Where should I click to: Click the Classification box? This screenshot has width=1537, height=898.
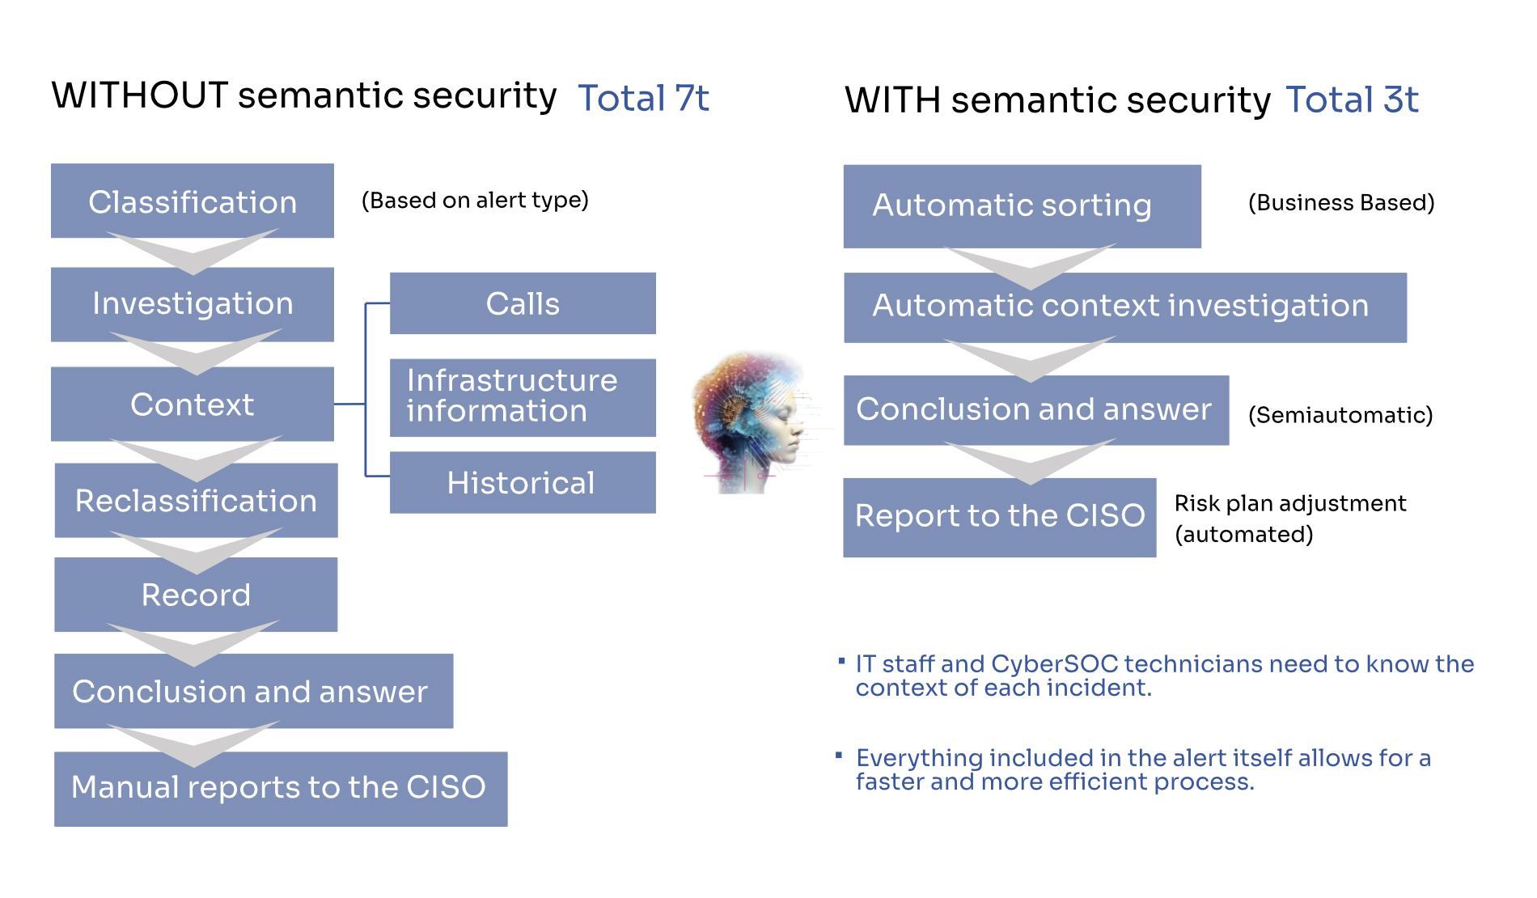[x=193, y=201]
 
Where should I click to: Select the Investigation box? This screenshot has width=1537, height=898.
[x=193, y=303]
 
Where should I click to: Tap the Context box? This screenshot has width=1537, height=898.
[x=193, y=404]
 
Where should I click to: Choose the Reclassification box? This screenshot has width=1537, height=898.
[x=196, y=500]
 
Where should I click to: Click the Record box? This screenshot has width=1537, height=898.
[x=196, y=595]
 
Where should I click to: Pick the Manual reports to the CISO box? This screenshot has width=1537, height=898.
[x=280, y=788]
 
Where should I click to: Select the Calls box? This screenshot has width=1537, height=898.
[x=523, y=303]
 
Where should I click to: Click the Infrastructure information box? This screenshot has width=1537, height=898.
[x=523, y=396]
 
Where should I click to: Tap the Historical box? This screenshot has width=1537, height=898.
[x=523, y=482]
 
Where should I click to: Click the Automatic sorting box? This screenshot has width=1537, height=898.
[x=1022, y=205]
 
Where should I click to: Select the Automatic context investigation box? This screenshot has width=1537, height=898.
[x=1124, y=307]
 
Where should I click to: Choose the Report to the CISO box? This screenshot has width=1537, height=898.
[x=999, y=516]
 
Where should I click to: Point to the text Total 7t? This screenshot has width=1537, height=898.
[x=643, y=99]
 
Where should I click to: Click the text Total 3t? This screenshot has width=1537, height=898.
[x=1352, y=100]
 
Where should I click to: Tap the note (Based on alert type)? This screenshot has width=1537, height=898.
[x=475, y=200]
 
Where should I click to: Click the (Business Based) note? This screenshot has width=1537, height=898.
[x=1341, y=202]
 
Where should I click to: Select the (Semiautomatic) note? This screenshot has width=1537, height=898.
[x=1340, y=415]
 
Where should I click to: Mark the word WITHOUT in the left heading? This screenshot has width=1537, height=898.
[x=140, y=95]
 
